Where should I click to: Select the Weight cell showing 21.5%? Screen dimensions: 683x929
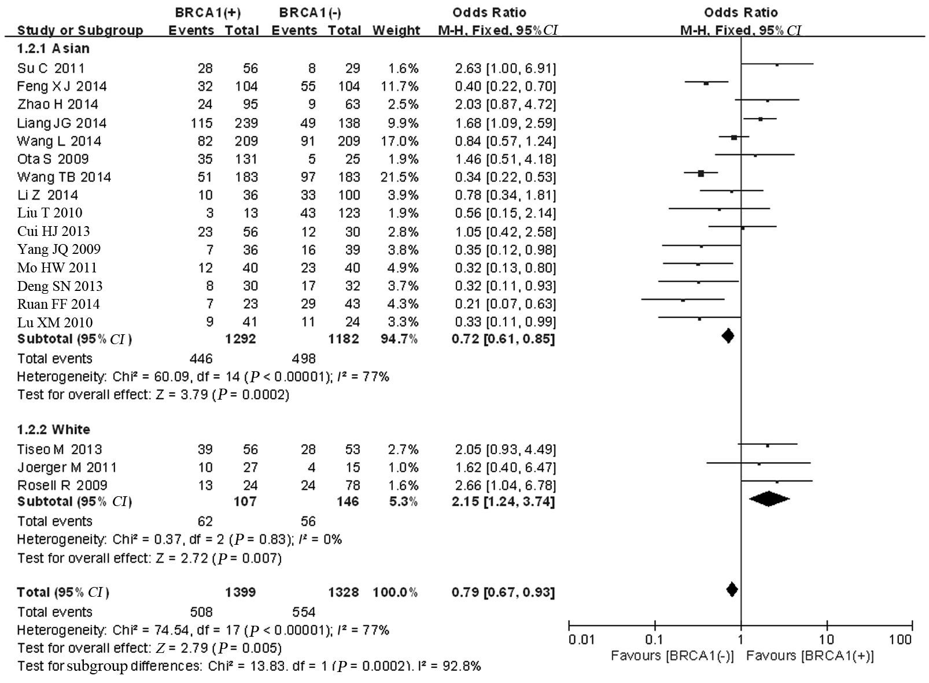[x=397, y=177]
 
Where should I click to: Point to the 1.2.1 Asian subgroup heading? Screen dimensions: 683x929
[x=53, y=49]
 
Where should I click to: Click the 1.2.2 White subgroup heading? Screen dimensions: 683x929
[x=54, y=429]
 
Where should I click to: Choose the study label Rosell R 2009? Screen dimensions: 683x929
[x=62, y=485]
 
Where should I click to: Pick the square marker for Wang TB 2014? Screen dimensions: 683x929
[x=701, y=173]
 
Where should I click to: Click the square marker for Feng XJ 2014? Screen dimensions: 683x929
[x=706, y=83]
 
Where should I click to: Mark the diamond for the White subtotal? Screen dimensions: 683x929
[x=769, y=499]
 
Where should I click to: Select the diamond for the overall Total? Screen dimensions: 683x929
[x=732, y=589]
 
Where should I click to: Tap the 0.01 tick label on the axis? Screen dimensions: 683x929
[x=581, y=640]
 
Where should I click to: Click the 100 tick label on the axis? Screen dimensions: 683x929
[x=900, y=640]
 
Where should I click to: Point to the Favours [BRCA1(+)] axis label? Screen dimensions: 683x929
[x=810, y=656]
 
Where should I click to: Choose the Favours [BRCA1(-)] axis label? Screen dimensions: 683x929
[x=672, y=656]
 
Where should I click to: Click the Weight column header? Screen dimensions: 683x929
[x=396, y=30]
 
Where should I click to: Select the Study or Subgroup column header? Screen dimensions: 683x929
[x=80, y=30]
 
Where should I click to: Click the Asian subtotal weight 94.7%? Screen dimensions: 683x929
[x=396, y=339]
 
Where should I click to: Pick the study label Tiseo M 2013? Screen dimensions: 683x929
[x=60, y=449]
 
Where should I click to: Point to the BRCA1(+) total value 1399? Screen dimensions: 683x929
[x=241, y=592]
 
